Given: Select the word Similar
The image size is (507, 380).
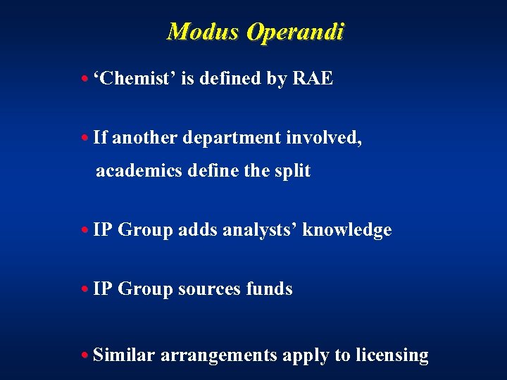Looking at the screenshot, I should pos(123,355).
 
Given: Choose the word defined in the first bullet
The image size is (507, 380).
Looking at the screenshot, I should pos(231,79).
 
